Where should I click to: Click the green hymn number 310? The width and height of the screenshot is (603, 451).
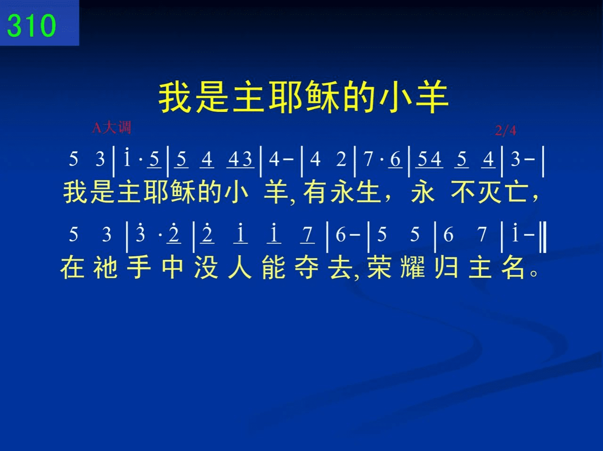(x=31, y=25)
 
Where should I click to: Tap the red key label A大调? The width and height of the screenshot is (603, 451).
(x=112, y=127)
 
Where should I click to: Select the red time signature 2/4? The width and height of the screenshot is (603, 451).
(x=505, y=130)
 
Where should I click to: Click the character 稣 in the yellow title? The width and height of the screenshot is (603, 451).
(x=323, y=98)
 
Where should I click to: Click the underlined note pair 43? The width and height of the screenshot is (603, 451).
(x=240, y=159)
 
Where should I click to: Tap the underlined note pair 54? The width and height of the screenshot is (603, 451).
(x=429, y=159)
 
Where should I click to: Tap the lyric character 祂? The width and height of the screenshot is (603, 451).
(x=106, y=267)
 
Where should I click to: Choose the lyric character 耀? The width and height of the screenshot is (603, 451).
(x=413, y=267)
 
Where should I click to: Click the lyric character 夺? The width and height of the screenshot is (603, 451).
(x=307, y=267)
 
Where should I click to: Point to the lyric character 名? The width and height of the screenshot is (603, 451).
(x=513, y=267)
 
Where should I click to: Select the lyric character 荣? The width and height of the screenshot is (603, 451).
(x=379, y=267)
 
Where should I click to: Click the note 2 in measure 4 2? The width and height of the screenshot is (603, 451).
(x=341, y=159)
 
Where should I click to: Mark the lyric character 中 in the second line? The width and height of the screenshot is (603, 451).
(x=172, y=267)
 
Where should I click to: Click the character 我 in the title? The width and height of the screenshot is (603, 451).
(x=175, y=98)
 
